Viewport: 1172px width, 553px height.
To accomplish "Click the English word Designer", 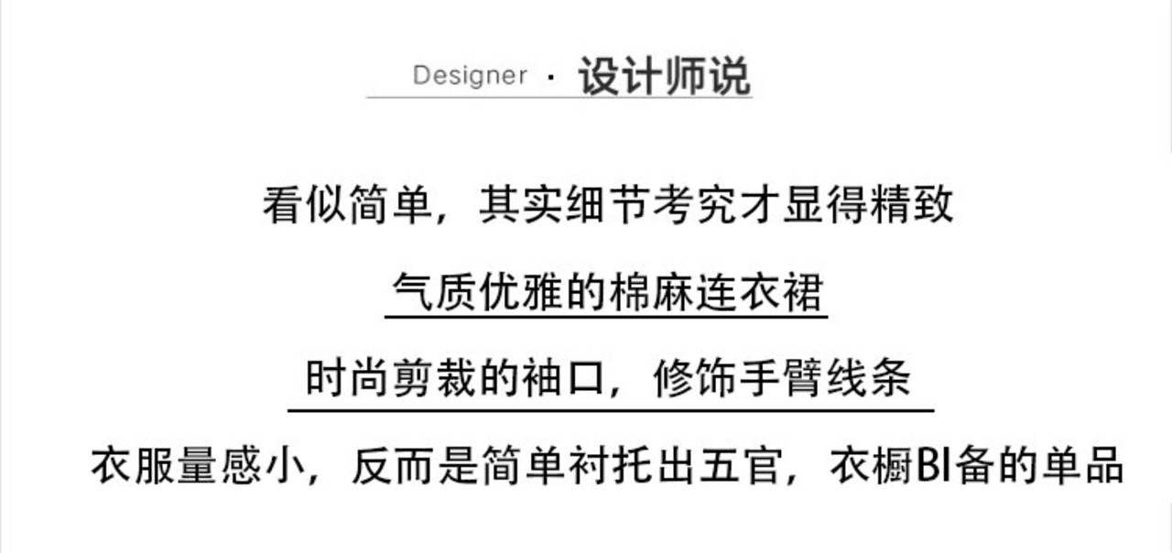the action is [x=470, y=75].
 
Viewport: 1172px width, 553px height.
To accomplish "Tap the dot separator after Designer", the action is [x=550, y=77].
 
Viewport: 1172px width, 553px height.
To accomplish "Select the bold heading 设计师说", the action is [x=664, y=75].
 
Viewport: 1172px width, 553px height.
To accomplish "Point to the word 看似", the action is [x=305, y=204].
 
